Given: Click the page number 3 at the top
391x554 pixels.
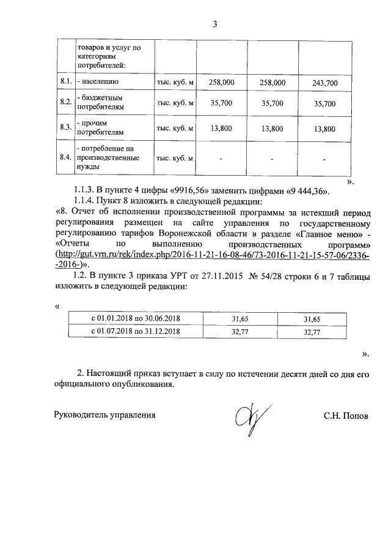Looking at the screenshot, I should tap(214, 24).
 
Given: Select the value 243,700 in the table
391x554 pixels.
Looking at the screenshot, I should tap(324, 82).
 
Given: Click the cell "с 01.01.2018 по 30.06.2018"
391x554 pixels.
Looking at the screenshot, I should tap(136, 318).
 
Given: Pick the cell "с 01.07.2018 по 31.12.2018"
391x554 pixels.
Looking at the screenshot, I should tap(136, 331).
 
